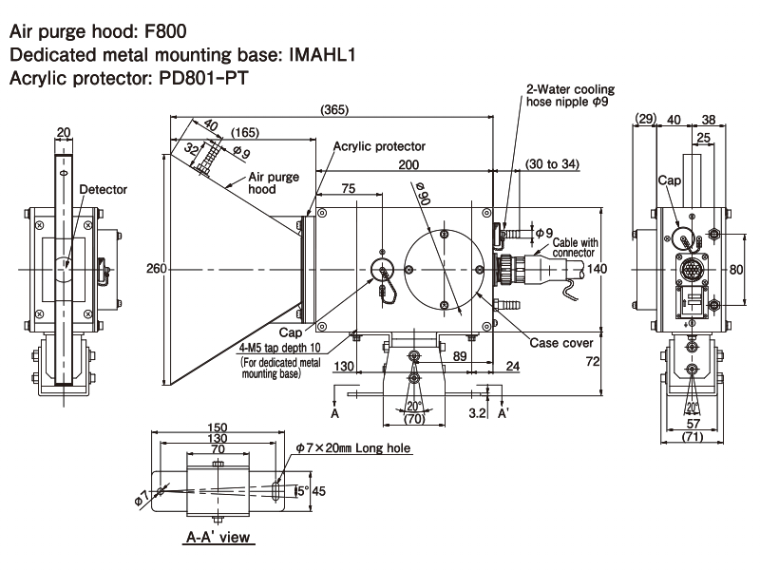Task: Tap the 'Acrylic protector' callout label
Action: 379,146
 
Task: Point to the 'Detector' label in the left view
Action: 104,189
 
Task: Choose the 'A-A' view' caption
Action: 217,538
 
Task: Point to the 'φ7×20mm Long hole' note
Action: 351,446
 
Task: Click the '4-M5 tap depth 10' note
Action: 280,349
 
